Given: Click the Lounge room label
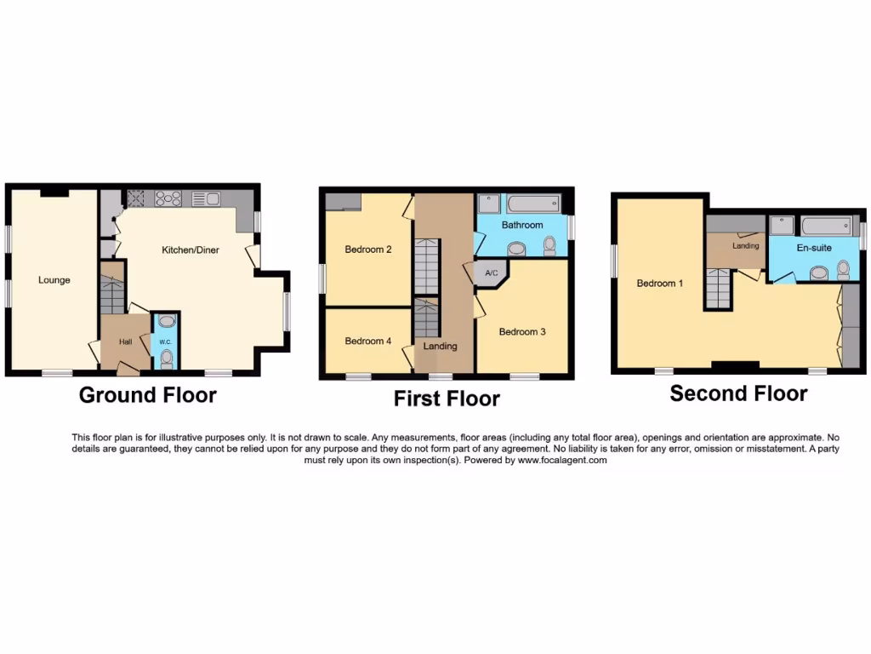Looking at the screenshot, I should (x=54, y=280).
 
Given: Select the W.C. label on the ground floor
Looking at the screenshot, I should (x=166, y=342).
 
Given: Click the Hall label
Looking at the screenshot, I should (x=125, y=342).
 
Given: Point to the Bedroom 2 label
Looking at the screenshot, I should (x=367, y=250).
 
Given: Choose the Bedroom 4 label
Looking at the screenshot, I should (x=367, y=341).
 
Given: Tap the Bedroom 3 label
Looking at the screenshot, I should (x=522, y=332).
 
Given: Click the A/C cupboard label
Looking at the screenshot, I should (x=491, y=273).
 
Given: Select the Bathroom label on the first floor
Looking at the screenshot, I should (x=521, y=226).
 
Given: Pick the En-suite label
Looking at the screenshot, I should (x=814, y=248).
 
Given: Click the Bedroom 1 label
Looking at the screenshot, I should (x=660, y=284).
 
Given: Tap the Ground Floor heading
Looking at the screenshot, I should (x=147, y=395).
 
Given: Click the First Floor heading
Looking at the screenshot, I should (x=447, y=399).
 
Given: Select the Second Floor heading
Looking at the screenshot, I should (x=738, y=393).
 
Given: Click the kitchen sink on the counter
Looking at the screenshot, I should (x=206, y=199).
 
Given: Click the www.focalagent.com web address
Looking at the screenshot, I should (x=562, y=460).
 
